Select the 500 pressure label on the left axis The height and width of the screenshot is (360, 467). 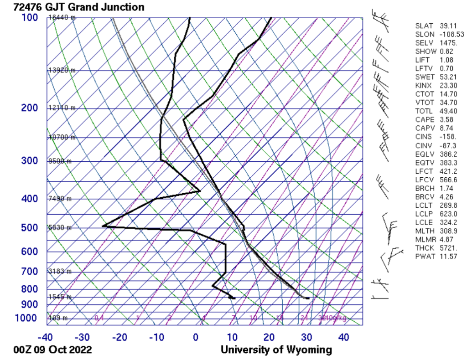pos(30,228)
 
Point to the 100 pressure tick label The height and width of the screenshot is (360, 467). pos(30,18)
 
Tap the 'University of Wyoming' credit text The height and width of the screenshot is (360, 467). pos(276,350)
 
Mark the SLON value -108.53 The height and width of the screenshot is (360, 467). pos(451,34)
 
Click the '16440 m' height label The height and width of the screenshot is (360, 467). pos(62,18)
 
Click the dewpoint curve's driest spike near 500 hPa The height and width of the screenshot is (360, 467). pos(104,226)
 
